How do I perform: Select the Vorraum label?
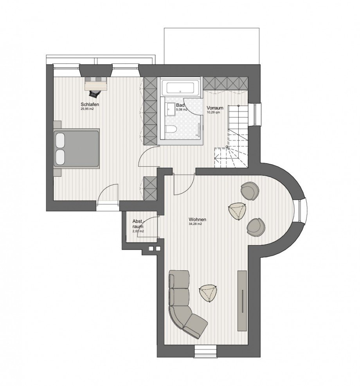(215, 108)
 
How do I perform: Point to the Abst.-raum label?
(138, 223)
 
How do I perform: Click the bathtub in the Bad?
(181, 87)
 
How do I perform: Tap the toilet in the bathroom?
(171, 130)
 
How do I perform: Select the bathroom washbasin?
(171, 109)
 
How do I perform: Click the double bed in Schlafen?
(77, 148)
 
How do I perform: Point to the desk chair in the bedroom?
(94, 93)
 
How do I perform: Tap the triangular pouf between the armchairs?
(237, 211)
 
